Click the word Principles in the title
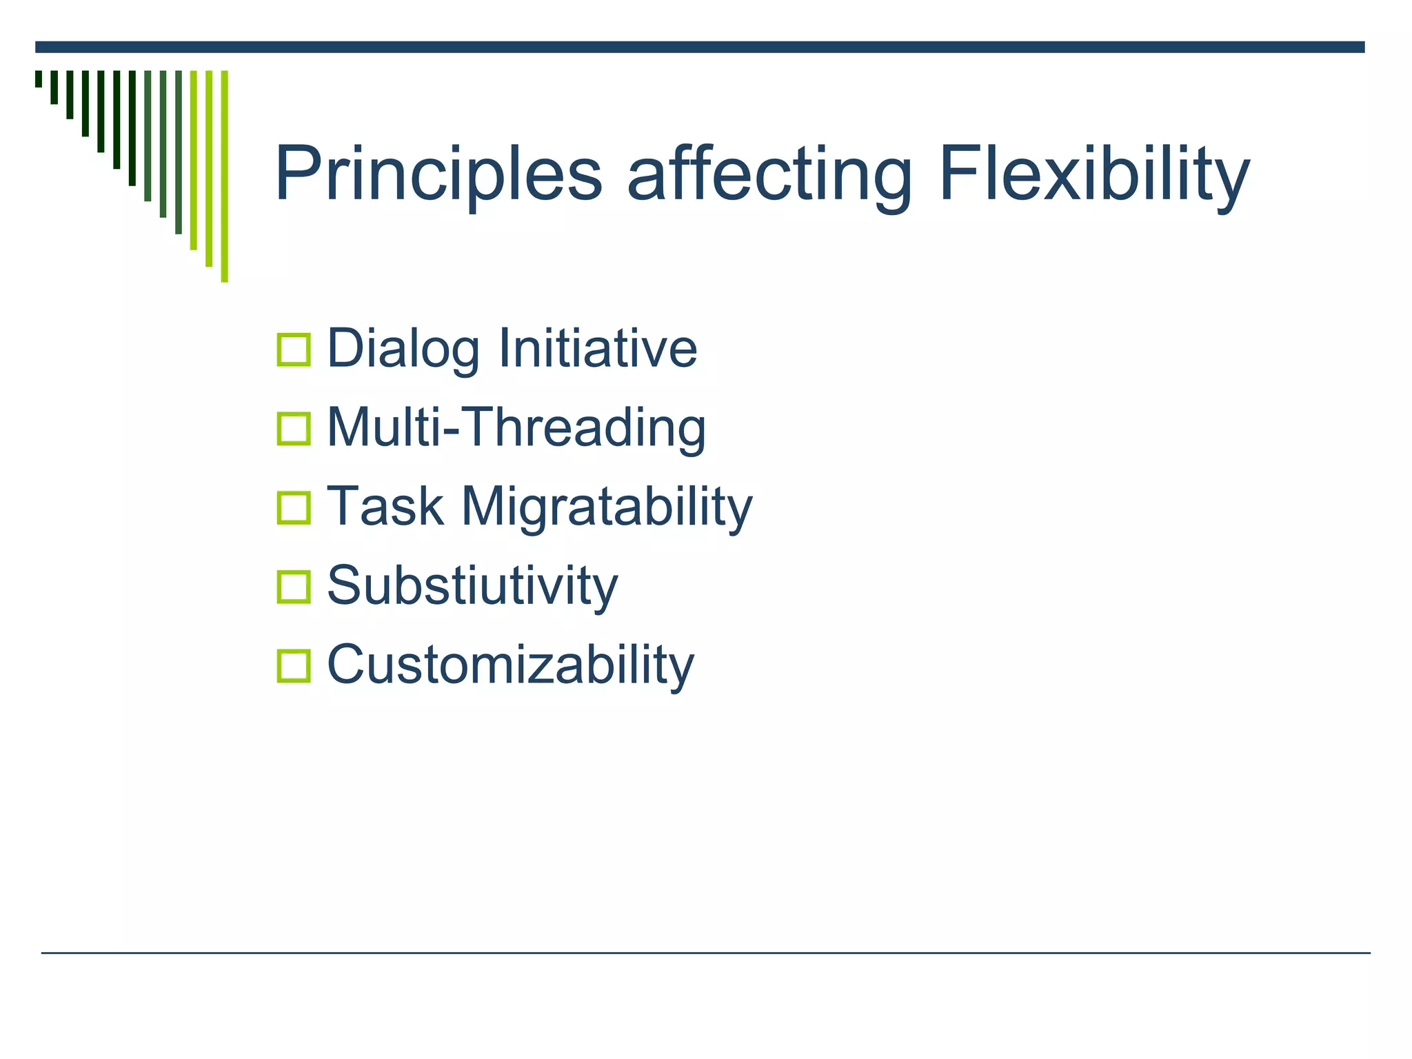tap(438, 174)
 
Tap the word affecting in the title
tap(769, 174)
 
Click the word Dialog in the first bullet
tap(403, 349)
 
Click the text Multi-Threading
tap(516, 427)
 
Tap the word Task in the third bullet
tap(385, 507)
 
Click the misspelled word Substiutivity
tap(472, 586)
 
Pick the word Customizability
tap(510, 665)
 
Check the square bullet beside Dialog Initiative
tap(294, 350)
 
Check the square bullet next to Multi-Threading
tap(294, 429)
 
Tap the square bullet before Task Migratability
tap(294, 508)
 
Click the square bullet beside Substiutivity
tap(294, 587)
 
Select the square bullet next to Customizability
tap(294, 666)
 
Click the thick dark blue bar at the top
tap(699, 47)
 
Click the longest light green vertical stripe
tap(224, 176)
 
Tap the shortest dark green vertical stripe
tap(39, 79)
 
